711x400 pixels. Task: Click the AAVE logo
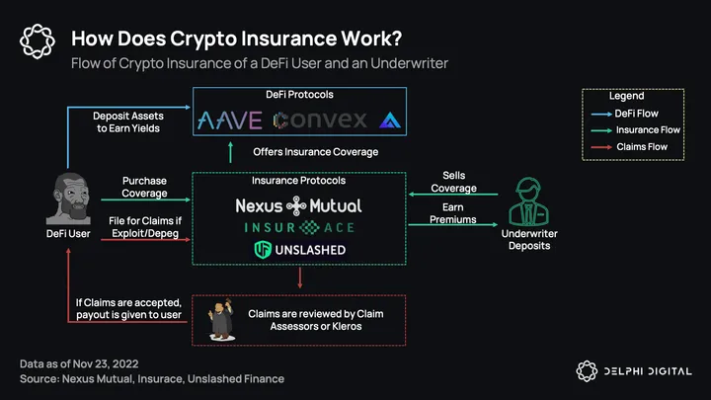[x=230, y=120]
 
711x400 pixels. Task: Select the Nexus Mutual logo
[x=298, y=206]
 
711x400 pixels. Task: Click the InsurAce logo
[x=298, y=228]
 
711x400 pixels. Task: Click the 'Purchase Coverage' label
[x=144, y=188]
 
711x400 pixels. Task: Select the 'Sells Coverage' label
[x=454, y=182]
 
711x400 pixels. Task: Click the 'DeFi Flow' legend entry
[x=636, y=114]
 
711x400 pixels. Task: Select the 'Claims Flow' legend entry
[x=641, y=147]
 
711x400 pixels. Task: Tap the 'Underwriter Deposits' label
[x=529, y=240]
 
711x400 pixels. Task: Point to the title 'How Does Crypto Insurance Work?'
[x=237, y=39]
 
